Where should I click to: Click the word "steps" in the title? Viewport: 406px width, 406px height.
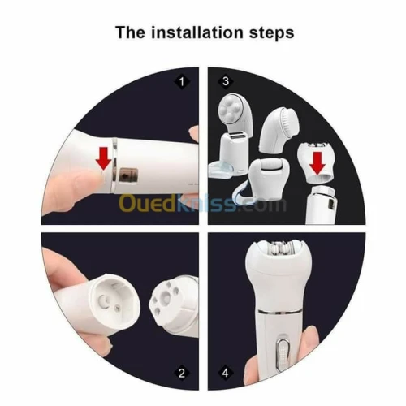[271, 33]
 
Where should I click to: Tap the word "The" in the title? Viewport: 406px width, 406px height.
[130, 32]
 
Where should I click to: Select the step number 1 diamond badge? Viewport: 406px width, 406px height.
[182, 81]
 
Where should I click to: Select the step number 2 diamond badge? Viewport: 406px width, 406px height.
[182, 374]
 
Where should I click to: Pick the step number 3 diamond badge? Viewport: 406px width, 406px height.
[226, 81]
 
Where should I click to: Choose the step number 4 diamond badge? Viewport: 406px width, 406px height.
[226, 374]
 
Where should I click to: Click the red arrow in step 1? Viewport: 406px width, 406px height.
[103, 158]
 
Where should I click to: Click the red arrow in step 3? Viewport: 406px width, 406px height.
[317, 162]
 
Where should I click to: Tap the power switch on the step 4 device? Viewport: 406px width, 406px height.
[283, 354]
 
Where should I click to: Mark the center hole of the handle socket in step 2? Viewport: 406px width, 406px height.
[103, 300]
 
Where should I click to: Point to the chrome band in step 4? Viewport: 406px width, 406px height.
[279, 312]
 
